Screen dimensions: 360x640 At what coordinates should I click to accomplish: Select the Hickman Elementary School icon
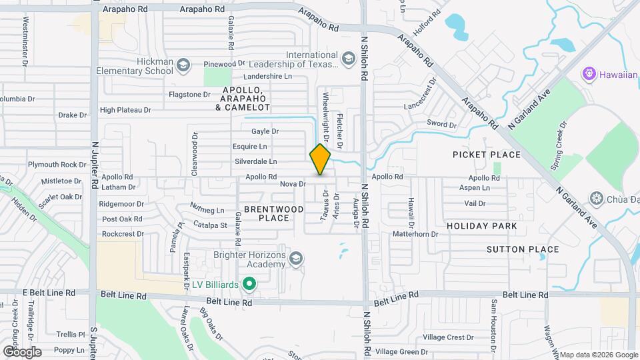coord(183,65)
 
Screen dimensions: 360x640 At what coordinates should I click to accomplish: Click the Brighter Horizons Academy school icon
coord(296,258)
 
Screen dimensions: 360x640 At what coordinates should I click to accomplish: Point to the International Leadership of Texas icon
coord(347,60)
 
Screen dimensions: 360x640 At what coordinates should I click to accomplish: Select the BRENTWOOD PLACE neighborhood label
coord(273,213)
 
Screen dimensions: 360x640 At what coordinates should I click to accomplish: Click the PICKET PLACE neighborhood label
coord(486,155)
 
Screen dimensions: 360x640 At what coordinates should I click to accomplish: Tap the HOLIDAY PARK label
coord(481,226)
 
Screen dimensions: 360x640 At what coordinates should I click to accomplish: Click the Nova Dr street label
coord(293,184)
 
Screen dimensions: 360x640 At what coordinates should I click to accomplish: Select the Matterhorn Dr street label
coord(415,234)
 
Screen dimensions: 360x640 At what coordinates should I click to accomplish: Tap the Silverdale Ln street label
coord(255,162)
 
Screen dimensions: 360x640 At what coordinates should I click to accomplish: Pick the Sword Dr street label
coord(441,124)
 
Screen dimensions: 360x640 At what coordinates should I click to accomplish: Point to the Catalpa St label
coord(210,225)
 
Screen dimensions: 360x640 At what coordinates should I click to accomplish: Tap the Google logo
coord(22,351)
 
